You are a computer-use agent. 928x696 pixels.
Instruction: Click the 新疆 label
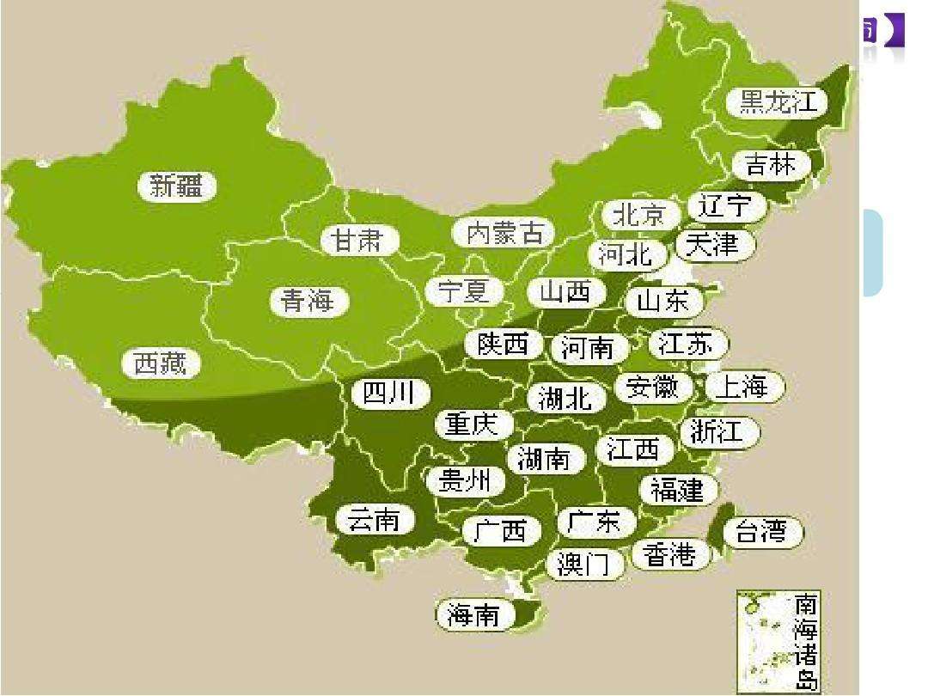pyautogui.click(x=177, y=186)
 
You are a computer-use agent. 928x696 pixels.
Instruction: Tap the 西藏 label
pyautogui.click(x=161, y=363)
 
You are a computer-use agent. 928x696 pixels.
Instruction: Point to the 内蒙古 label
pyautogui.click(x=505, y=233)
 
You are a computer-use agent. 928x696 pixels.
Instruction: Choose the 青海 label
pyautogui.click(x=306, y=301)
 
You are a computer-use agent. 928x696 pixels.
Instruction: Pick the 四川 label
pyautogui.click(x=389, y=394)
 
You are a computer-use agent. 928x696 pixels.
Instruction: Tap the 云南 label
pyautogui.click(x=374, y=520)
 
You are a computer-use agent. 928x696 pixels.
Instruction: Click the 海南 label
pyautogui.click(x=473, y=614)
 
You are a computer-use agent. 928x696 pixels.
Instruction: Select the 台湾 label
pyautogui.click(x=761, y=531)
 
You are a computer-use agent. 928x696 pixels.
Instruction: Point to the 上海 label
pyautogui.click(x=741, y=387)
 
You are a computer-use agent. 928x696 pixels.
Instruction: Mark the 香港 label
pyautogui.click(x=669, y=555)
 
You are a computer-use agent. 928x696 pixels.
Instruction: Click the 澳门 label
pyautogui.click(x=583, y=565)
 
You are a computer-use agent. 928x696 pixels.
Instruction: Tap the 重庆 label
pyautogui.click(x=473, y=424)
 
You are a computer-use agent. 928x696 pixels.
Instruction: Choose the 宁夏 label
pyautogui.click(x=464, y=290)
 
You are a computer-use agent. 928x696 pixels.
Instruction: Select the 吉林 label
pyautogui.click(x=771, y=164)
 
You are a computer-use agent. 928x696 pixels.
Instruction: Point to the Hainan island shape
pyautogui.click(x=528, y=612)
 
